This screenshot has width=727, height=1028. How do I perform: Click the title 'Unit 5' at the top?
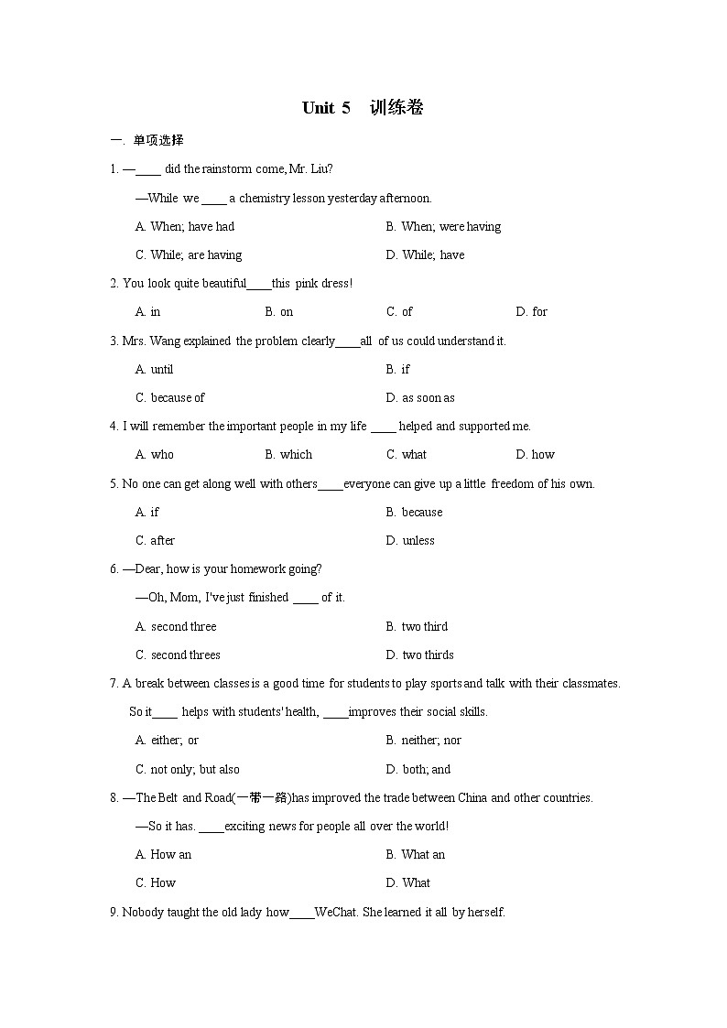coord(326,108)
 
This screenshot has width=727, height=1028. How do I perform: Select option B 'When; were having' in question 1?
coord(443,226)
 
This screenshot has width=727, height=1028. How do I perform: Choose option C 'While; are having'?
coord(189,254)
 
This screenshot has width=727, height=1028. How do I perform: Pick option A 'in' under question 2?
coord(147,311)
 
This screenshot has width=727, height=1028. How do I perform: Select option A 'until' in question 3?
coord(154,369)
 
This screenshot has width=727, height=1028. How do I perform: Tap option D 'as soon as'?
coord(420,397)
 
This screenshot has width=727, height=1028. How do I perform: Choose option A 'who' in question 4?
coord(154,454)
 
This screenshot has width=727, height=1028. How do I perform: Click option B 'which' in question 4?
coord(288,454)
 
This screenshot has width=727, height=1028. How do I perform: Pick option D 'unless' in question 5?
coord(410,540)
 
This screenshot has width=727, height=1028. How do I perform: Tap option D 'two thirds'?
coord(419,655)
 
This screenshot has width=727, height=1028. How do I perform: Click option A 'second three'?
coord(176,626)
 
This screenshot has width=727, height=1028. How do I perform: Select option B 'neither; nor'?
coord(423,740)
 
